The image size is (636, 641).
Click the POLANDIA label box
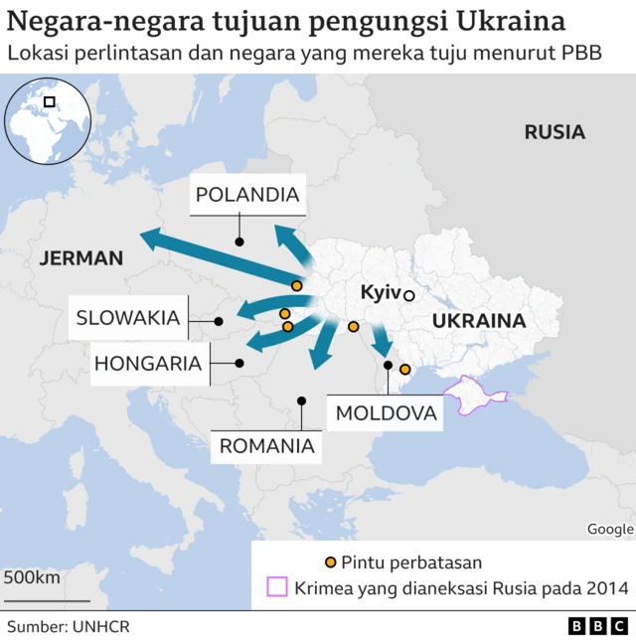247,195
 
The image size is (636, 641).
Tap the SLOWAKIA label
128,319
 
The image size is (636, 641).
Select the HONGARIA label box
148,364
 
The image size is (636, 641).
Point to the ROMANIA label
266,446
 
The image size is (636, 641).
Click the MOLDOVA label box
386,412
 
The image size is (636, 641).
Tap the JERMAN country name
81,258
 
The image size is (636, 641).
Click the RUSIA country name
555,132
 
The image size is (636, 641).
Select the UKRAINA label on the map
478,321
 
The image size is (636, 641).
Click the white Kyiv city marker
408,295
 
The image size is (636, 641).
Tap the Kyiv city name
380,293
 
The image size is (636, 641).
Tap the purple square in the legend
276,587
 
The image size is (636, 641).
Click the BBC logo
598,627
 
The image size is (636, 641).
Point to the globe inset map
44,121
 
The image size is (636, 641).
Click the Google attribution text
609,530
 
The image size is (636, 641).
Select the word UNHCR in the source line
101,627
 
